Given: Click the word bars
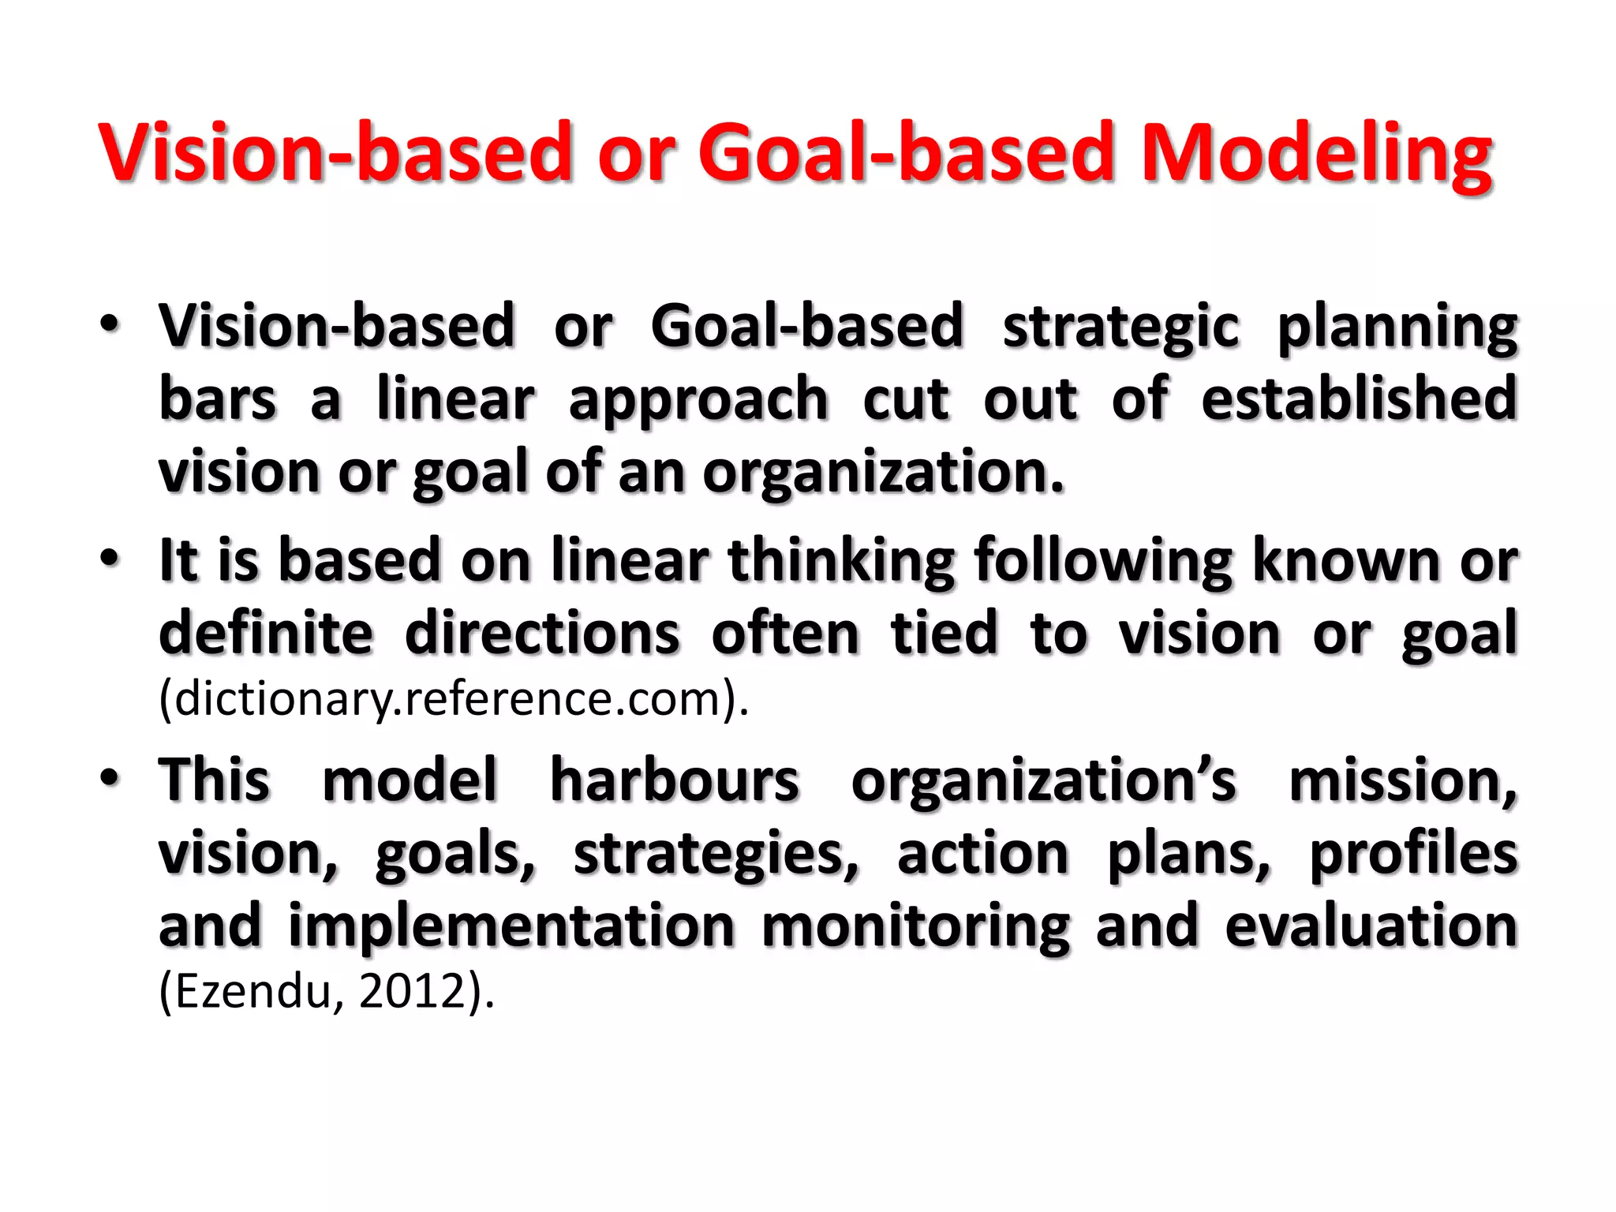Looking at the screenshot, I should click(x=218, y=398).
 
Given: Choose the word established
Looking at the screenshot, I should click(x=1359, y=398).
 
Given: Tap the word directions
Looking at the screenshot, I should click(x=542, y=634).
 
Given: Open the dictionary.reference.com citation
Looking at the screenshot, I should click(x=453, y=699).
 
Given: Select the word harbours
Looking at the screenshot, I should click(x=675, y=780).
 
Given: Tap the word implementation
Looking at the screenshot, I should click(x=511, y=927).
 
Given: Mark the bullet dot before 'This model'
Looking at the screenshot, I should click(x=110, y=776).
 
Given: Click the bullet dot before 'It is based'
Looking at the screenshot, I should click(x=110, y=557).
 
